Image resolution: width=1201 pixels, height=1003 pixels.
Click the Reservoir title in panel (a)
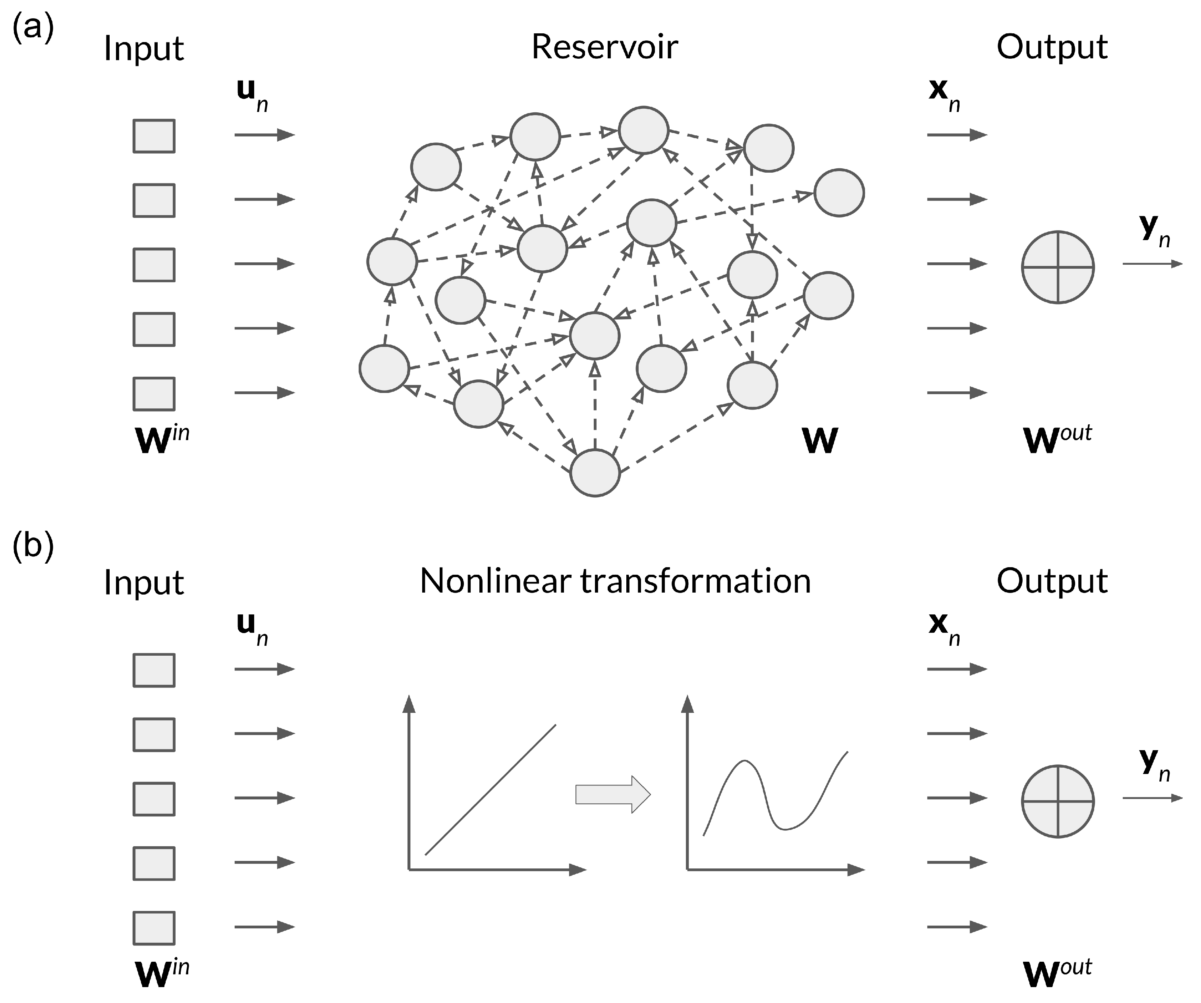click(604, 47)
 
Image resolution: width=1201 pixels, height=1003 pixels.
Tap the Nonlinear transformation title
click(615, 581)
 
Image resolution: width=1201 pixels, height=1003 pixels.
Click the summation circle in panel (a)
click(1058, 267)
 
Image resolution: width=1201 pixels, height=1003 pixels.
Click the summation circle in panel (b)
click(1058, 801)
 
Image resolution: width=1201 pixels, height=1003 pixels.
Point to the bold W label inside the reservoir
click(820, 441)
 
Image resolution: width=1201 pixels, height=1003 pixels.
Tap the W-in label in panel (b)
click(161, 973)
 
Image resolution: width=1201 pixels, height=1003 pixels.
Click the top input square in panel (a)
click(154, 136)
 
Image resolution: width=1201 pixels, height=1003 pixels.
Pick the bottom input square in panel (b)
click(154, 928)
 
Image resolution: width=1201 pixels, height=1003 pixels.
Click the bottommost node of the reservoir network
click(595, 473)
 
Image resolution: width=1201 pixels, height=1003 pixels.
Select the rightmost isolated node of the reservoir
click(839, 193)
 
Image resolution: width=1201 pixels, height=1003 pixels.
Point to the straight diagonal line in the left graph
click(491, 790)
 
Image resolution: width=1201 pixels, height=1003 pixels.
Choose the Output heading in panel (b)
click(1052, 581)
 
